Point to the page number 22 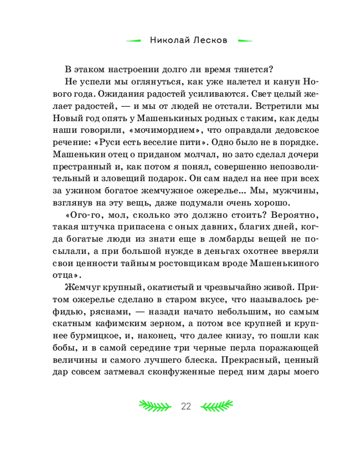point(186,406)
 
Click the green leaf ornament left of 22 point(155,406)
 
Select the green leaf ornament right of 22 point(217,406)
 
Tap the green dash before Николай point(134,40)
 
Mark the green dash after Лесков point(244,40)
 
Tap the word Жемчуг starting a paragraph point(81,287)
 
